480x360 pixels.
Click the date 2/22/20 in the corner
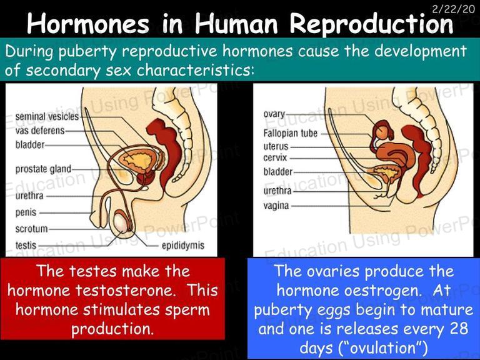click(454, 9)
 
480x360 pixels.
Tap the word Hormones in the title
click(88, 24)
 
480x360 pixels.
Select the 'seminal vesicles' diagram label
click(47, 116)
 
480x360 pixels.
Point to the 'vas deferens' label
click(40, 131)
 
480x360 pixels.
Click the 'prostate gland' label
click(43, 169)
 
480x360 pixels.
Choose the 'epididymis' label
click(182, 246)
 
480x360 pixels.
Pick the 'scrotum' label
click(31, 229)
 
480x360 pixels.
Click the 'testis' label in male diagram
click(26, 245)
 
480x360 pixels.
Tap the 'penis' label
click(26, 212)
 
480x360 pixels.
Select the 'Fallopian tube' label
click(290, 133)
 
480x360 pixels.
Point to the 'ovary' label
click(274, 114)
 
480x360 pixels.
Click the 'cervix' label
click(275, 157)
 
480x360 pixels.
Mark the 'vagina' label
click(276, 206)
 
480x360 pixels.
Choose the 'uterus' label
click(276, 146)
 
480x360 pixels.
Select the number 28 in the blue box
click(459, 329)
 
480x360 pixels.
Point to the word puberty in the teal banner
click(87, 52)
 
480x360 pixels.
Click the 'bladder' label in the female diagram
click(277, 172)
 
